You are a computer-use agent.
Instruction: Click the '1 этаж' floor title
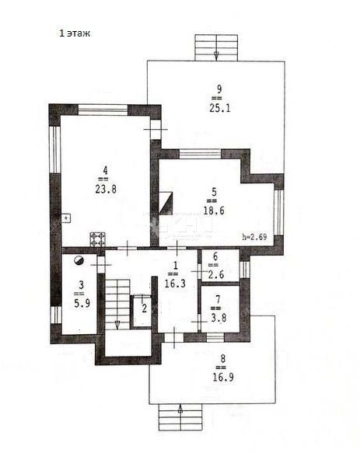click(75, 33)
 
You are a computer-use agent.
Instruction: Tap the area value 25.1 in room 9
click(220, 108)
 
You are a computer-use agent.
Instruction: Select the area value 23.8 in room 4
click(106, 190)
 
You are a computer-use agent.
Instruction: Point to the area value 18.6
click(214, 211)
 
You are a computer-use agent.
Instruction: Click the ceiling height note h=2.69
click(254, 237)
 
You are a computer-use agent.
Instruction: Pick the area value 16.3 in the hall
click(175, 284)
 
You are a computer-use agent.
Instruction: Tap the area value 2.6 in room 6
click(215, 274)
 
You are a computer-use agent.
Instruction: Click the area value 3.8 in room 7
click(218, 318)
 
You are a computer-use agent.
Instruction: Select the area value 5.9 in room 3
click(82, 303)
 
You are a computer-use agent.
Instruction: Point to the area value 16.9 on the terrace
click(223, 377)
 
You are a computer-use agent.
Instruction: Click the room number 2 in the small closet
click(145, 308)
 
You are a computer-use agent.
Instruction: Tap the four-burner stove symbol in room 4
click(97, 239)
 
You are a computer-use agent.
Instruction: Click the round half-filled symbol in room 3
click(79, 260)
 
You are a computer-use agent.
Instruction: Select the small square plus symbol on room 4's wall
click(66, 218)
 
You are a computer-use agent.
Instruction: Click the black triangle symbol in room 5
click(166, 204)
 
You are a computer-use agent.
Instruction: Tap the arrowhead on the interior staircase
click(117, 325)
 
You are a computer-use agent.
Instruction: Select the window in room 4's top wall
click(103, 110)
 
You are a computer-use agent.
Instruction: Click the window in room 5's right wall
click(278, 212)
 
